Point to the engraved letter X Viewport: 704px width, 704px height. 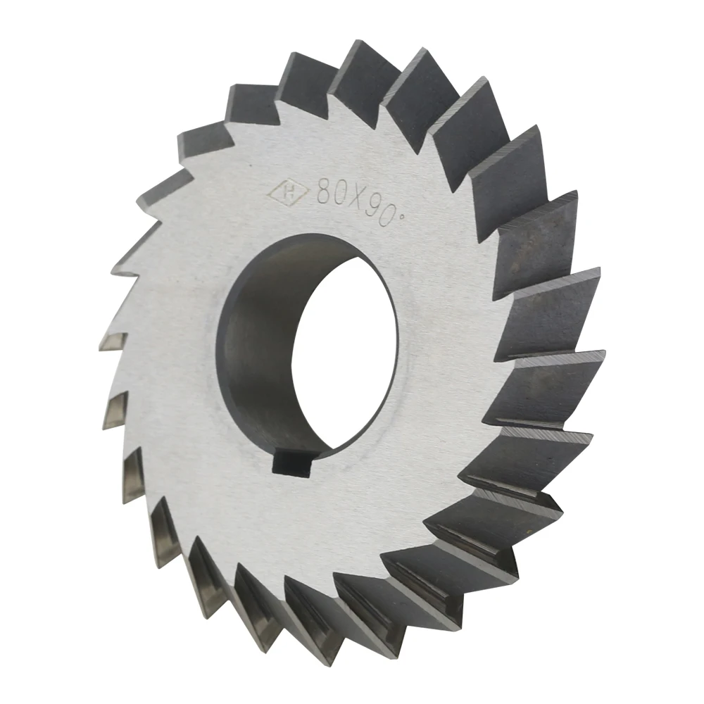point(356,198)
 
